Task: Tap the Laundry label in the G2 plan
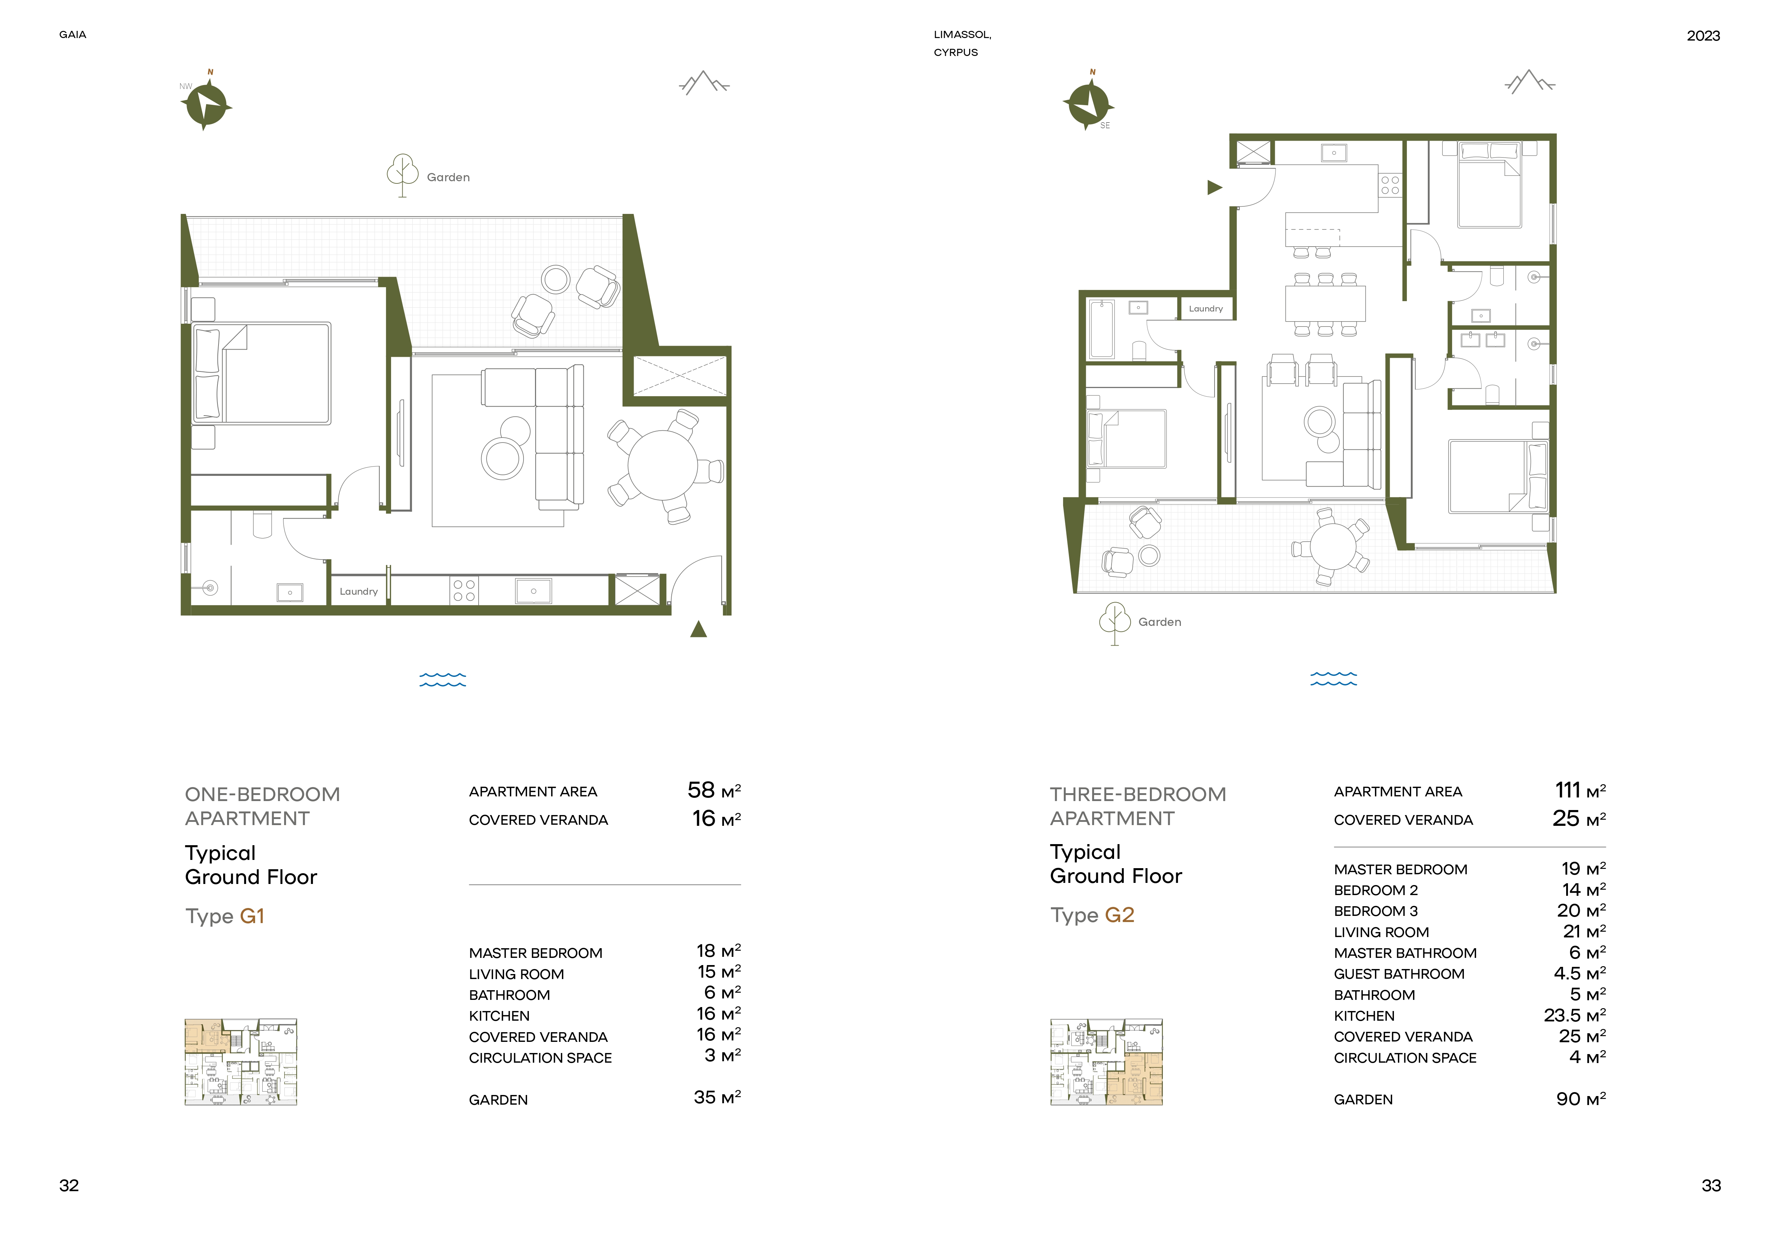tap(1206, 309)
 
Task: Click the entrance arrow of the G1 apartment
tap(699, 629)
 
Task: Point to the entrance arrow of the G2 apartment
tap(1215, 188)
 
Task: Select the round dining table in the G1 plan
tap(663, 466)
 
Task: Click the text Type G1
tap(225, 916)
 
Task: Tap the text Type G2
tap(1092, 916)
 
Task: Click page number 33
tap(1711, 1185)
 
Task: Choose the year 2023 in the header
tap(1703, 36)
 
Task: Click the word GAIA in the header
tap(73, 35)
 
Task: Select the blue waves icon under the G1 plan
tap(443, 680)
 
